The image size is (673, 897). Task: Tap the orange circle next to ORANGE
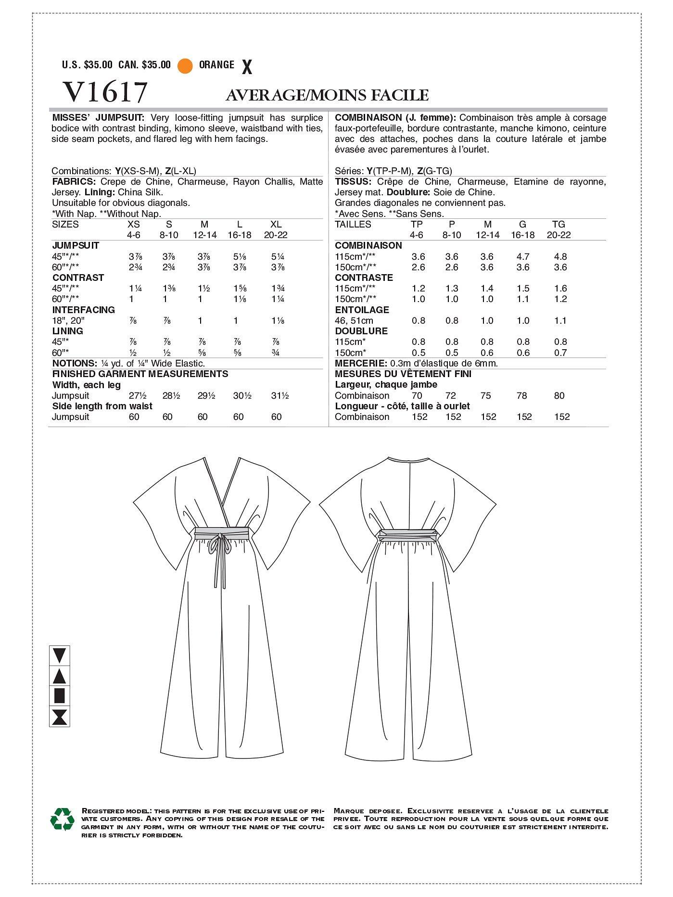tap(185, 66)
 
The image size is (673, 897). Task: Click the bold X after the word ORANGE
tap(247, 67)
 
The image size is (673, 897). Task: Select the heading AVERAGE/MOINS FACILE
tap(327, 95)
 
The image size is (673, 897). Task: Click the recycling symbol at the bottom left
tap(62, 819)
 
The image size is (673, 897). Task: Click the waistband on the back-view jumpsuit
tap(409, 533)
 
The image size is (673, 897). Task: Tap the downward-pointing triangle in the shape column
tap(60, 655)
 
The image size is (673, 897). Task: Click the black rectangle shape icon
tap(60, 696)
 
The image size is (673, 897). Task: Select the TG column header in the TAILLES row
tap(559, 225)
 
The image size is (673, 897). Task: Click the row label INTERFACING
tap(83, 310)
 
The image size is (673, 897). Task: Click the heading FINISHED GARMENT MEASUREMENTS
tap(140, 374)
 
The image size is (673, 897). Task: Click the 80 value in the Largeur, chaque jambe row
tap(559, 396)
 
